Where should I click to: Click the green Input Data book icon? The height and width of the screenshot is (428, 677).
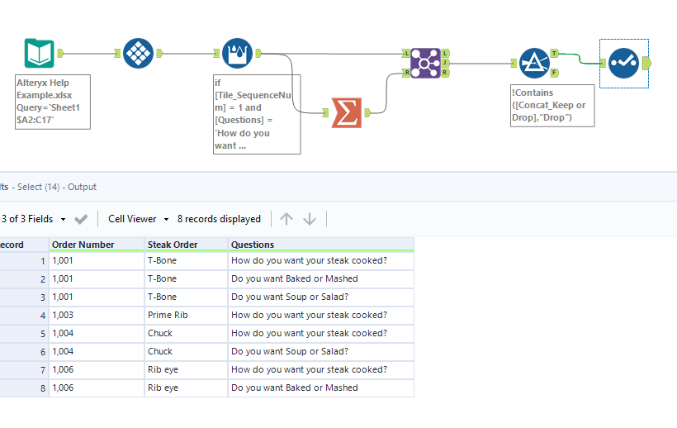[40, 54]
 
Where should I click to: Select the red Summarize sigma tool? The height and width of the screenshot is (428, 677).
[347, 112]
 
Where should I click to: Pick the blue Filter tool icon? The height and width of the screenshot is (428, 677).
[534, 63]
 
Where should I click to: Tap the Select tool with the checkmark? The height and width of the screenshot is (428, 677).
[623, 63]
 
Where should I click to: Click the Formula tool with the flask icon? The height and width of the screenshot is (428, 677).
[238, 54]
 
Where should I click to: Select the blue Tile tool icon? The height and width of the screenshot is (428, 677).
[139, 54]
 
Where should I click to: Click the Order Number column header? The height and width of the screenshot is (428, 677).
[83, 245]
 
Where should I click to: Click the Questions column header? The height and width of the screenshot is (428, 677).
[253, 245]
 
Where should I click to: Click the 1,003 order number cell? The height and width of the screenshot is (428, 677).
[64, 315]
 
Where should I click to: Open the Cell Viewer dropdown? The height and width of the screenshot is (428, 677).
[138, 219]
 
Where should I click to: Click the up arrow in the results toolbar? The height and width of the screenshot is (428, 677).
[286, 219]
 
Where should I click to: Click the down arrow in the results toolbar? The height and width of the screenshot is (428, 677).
[310, 219]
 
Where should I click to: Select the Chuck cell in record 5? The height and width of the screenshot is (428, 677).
[160, 333]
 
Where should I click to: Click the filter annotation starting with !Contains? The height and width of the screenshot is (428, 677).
[552, 105]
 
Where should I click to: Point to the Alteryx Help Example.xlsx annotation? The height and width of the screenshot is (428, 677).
[51, 101]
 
